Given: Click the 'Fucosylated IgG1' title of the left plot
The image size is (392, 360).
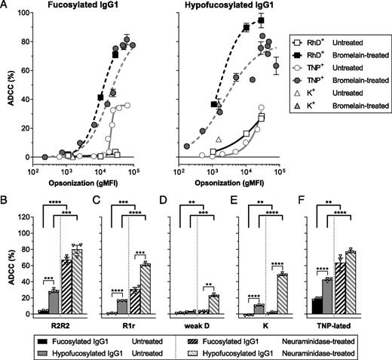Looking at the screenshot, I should click(81, 6).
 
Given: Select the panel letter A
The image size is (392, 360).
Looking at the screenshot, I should click(5, 6).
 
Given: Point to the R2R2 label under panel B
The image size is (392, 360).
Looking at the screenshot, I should click(51, 322).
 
